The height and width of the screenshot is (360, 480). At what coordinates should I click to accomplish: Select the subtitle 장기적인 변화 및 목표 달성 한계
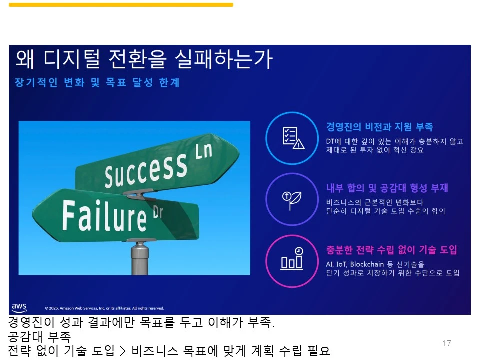97,83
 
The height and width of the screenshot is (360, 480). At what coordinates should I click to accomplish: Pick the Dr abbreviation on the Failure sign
157,212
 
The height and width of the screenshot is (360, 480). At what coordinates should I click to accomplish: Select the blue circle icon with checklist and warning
291,138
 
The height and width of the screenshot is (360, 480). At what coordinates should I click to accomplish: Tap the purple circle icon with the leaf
291,199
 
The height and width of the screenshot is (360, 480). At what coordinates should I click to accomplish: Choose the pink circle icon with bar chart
291,261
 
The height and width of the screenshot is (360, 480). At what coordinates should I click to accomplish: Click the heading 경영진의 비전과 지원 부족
379,127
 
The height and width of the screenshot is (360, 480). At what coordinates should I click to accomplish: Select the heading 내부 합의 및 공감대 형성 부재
387,188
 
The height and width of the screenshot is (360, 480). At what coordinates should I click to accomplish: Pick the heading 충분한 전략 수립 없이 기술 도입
391,250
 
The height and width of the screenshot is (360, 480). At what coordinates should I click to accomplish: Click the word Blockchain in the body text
368,264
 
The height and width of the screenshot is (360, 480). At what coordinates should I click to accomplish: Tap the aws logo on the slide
19,307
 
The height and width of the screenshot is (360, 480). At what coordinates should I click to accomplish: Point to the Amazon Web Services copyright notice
104,308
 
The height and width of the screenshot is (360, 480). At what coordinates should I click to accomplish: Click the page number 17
447,343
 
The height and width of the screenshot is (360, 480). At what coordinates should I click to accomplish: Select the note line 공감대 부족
39,337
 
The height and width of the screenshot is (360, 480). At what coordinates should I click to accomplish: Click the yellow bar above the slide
121,5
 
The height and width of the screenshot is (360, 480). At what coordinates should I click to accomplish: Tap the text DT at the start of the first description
330,141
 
